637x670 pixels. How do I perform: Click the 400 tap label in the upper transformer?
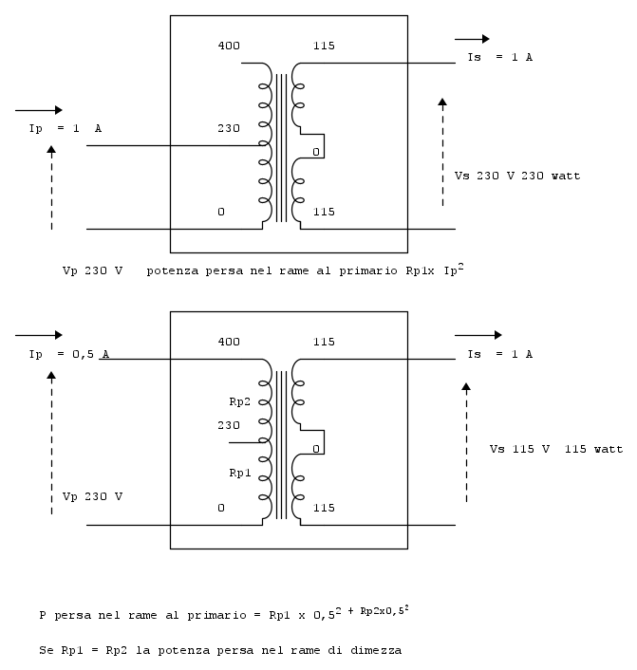(229, 46)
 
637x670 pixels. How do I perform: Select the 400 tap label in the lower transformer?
(229, 341)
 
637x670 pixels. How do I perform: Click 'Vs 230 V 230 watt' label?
(517, 176)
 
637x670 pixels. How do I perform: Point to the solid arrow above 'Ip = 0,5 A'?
(39, 335)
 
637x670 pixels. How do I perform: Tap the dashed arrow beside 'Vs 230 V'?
(441, 152)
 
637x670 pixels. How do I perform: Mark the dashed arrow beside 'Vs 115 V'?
(467, 441)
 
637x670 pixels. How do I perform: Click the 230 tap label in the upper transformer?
(229, 128)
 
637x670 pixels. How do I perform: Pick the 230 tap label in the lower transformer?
(229, 424)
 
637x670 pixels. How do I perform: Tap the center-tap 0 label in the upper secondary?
(316, 152)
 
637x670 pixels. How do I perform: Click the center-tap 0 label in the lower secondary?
(316, 448)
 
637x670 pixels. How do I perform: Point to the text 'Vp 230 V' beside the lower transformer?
(92, 496)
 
